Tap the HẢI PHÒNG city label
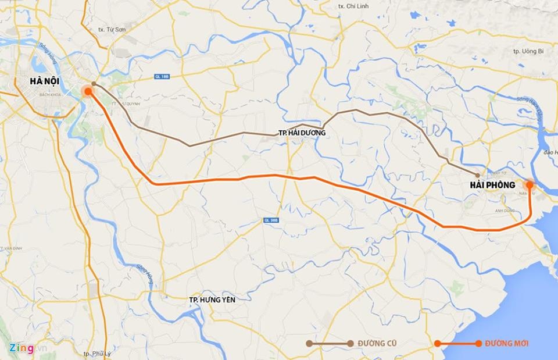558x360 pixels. tap(492, 185)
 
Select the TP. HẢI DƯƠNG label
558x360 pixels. tap(302, 133)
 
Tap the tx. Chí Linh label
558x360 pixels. tap(353, 5)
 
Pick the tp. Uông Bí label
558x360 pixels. tap(528, 51)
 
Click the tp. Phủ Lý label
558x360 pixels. tap(96, 354)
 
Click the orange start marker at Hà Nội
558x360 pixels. tap(87, 91)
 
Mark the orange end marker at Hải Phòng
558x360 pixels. tap(530, 184)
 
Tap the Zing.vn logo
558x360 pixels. tap(23, 348)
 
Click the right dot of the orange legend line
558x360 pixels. tap(478, 344)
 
